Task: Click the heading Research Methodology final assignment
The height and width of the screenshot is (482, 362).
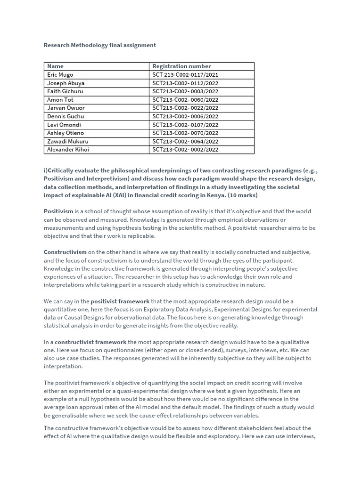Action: pos(99,45)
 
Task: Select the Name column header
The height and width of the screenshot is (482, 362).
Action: pos(55,66)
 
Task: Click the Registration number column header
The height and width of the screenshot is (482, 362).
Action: pos(181,66)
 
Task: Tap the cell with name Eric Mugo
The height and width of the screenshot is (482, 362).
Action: pos(60,75)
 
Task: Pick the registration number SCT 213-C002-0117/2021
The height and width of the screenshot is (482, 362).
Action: pos(185,75)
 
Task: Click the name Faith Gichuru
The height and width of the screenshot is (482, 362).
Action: pos(65,91)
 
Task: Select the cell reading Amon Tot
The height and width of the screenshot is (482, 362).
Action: pos(60,100)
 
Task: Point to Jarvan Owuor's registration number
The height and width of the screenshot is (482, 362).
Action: pos(185,108)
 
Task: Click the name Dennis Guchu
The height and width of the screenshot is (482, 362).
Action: pos(66,116)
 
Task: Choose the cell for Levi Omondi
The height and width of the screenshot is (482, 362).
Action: pos(64,125)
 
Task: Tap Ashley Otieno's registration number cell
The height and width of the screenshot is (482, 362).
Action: pos(185,133)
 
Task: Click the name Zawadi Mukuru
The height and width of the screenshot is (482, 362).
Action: pos(67,141)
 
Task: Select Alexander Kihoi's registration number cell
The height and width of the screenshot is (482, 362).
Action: pos(185,150)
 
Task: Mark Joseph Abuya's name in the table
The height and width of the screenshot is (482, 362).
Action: pos(66,83)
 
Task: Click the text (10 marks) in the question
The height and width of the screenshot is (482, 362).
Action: pos(242,195)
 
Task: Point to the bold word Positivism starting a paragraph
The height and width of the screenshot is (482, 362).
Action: pos(58,211)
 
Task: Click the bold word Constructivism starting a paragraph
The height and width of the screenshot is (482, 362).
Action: pos(65,252)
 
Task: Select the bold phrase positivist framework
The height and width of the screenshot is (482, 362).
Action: pos(120,301)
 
